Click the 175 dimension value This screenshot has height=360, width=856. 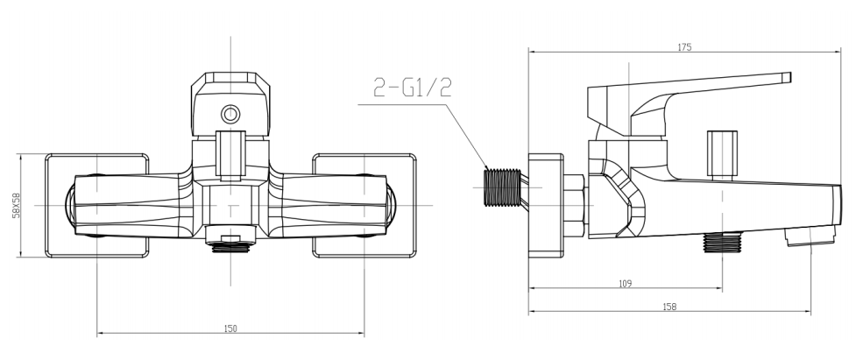coord(683,48)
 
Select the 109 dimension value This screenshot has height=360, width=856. coord(625,284)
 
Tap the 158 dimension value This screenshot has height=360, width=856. coord(669,307)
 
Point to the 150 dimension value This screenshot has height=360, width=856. coord(230,328)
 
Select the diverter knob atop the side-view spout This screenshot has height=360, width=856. coord(720,153)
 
